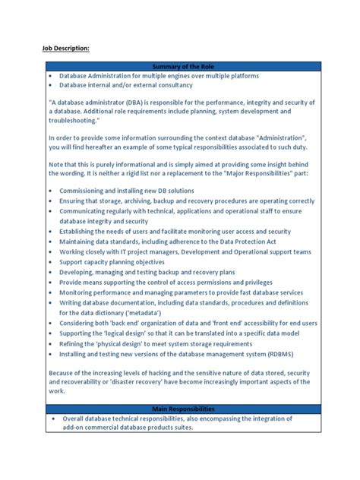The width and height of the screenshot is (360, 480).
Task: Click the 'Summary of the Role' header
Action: (179, 67)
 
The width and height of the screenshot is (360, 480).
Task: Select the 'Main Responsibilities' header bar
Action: (179, 408)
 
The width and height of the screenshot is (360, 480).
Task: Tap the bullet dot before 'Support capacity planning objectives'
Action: (51, 261)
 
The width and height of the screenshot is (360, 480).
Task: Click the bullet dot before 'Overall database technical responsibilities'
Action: (54, 418)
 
